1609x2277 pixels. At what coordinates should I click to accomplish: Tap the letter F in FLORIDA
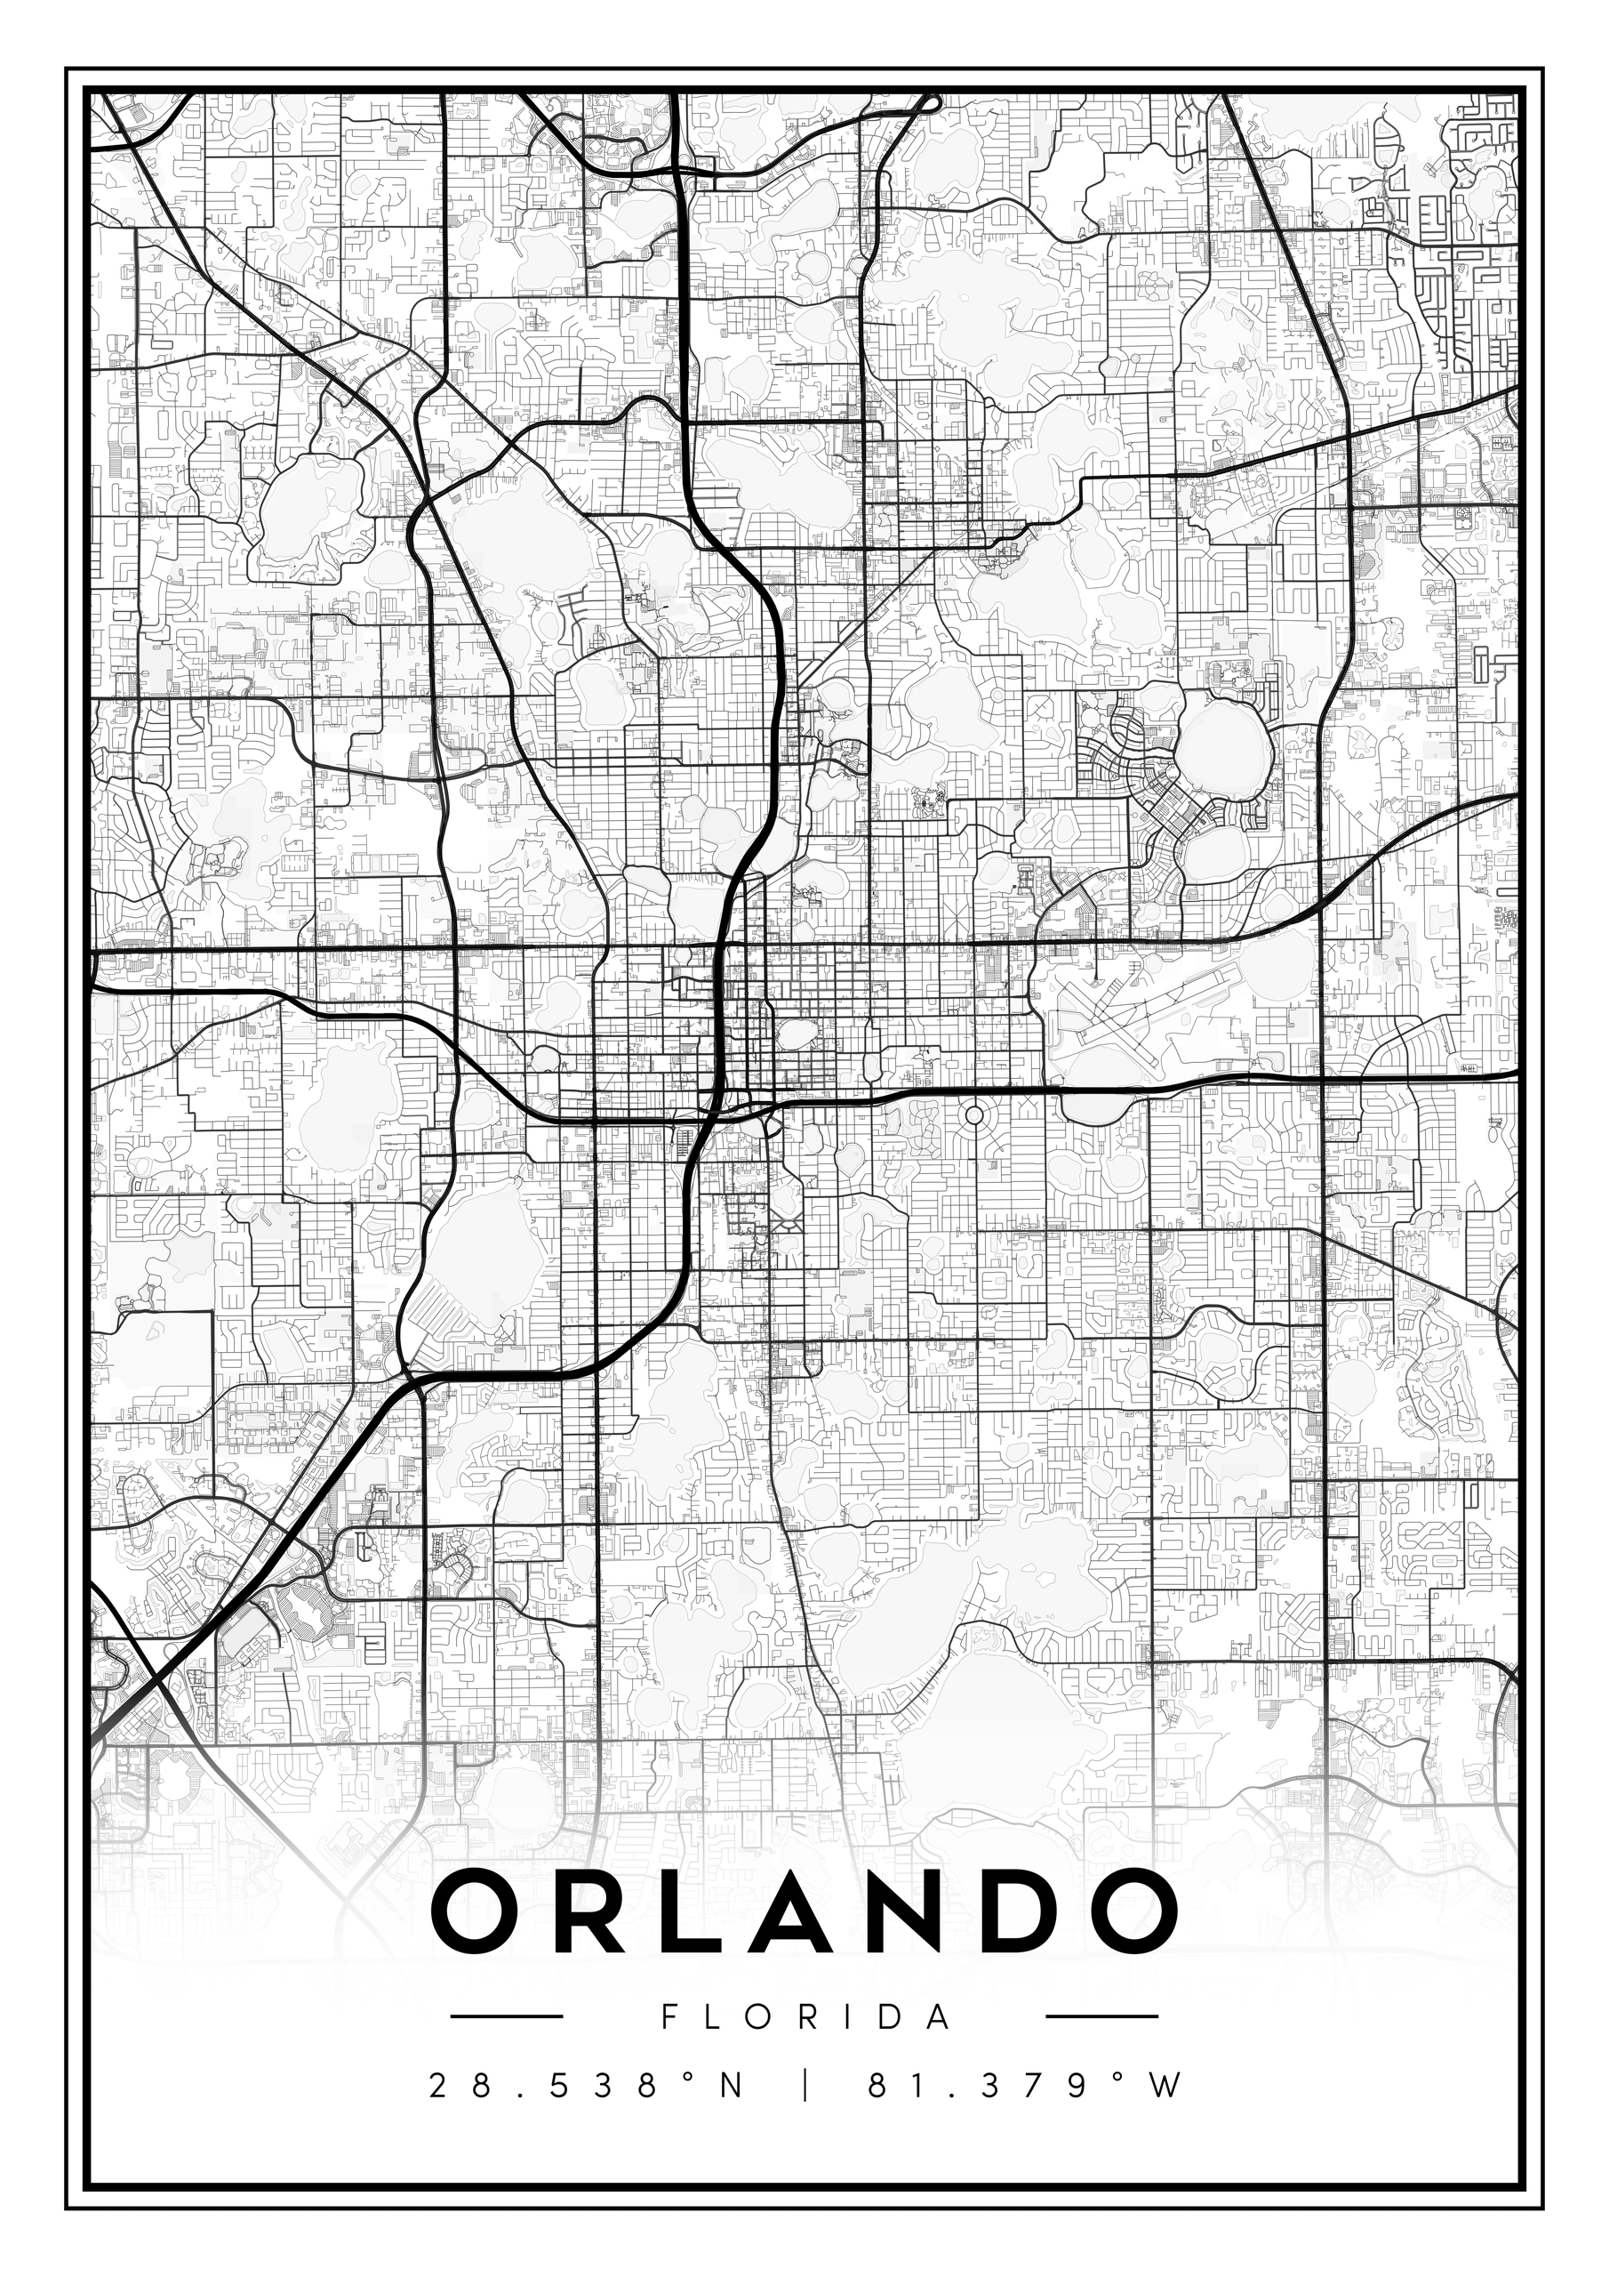pyautogui.click(x=668, y=2017)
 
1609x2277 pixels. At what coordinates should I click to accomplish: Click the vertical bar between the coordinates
pyautogui.click(x=804, y=2086)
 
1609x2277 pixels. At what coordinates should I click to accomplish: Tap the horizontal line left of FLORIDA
pyautogui.click(x=507, y=2016)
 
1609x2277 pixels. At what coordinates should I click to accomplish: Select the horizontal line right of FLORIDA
pyautogui.click(x=1102, y=2016)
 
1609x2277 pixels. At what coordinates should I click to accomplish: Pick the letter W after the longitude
pyautogui.click(x=1168, y=2086)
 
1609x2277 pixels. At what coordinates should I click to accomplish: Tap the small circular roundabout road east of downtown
pyautogui.click(x=973, y=1114)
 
